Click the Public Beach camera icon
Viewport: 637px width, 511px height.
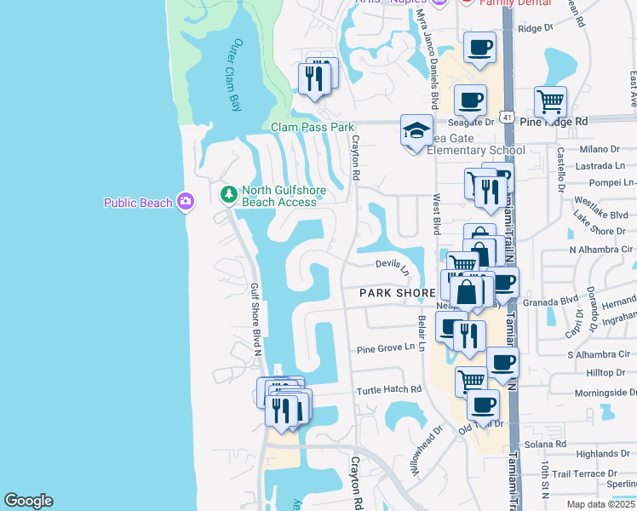pos(186,202)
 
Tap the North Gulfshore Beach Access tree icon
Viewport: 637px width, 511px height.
pos(228,195)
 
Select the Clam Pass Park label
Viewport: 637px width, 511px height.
pos(312,127)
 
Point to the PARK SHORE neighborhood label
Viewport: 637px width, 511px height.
pos(397,292)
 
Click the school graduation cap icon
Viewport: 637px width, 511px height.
pos(416,131)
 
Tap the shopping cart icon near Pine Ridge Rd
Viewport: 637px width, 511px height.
pos(550,102)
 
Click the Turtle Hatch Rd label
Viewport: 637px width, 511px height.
pos(389,389)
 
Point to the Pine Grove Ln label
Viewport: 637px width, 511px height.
pos(391,347)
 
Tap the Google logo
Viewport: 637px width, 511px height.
pos(28,501)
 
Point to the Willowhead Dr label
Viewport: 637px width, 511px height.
pos(426,450)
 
